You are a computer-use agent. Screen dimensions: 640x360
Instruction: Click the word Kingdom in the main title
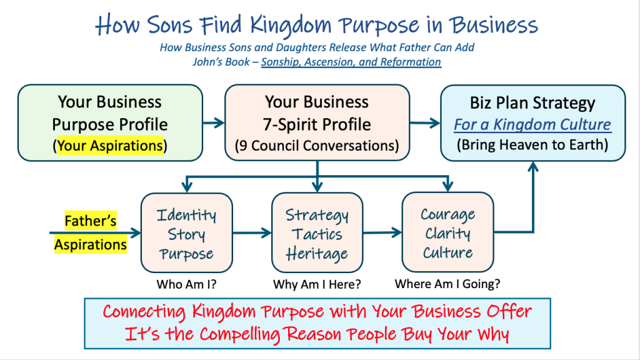pyautogui.click(x=290, y=25)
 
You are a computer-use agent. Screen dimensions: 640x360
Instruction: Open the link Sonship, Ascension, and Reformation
pyautogui.click(x=351, y=62)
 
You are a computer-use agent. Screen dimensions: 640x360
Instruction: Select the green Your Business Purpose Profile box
pyautogui.click(x=110, y=123)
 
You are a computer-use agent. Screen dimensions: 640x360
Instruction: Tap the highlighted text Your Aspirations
pyautogui.click(x=110, y=146)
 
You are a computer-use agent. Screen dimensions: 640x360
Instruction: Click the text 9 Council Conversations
pyautogui.click(x=317, y=146)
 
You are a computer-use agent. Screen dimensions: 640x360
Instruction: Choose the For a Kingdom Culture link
pyautogui.click(x=532, y=124)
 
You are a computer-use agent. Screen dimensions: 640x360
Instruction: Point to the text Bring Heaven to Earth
pyautogui.click(x=532, y=145)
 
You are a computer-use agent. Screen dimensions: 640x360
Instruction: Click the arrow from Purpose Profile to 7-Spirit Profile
pyautogui.click(x=214, y=122)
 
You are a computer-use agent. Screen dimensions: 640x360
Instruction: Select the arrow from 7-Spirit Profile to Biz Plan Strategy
pyautogui.click(x=425, y=122)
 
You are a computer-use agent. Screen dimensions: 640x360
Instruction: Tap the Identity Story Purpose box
pyautogui.click(x=187, y=232)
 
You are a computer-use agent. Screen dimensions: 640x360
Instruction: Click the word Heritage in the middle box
pyautogui.click(x=317, y=254)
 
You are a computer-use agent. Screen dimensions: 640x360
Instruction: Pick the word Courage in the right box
pyautogui.click(x=447, y=215)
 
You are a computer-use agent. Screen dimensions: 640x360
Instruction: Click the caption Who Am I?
pyautogui.click(x=186, y=284)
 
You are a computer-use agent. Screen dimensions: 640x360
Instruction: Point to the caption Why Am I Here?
pyautogui.click(x=317, y=284)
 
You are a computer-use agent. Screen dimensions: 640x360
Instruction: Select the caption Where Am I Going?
pyautogui.click(x=447, y=284)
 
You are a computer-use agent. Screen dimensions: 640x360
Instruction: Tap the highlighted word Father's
pyautogui.click(x=91, y=221)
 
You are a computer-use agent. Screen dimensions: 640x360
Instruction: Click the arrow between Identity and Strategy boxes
pyautogui.click(x=252, y=233)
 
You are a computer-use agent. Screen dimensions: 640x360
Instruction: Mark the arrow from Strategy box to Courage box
pyautogui.click(x=382, y=232)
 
